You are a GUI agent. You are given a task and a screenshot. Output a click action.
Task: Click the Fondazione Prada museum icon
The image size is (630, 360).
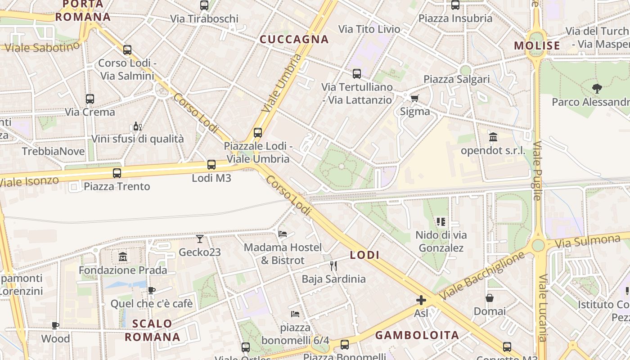pos(123,257)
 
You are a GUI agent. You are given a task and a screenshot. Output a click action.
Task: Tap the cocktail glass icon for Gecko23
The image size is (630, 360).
pos(200,238)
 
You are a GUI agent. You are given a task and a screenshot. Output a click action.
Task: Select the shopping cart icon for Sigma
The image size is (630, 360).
pos(414,98)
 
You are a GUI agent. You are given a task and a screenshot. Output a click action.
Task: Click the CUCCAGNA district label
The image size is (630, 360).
pos(294,40)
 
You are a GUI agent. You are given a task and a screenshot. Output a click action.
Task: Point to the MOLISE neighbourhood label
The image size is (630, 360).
pos(537,45)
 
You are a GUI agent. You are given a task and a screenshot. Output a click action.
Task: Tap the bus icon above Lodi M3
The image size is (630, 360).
pos(211,165)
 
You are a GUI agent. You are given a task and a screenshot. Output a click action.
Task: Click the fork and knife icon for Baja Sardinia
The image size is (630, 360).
pos(333,266)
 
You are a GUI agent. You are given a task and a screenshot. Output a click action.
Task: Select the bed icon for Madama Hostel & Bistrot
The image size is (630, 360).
pos(283,234)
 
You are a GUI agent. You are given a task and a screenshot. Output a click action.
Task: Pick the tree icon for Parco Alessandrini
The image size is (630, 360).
pos(597,88)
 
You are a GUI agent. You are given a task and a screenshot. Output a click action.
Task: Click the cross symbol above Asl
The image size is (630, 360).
pos(421,300)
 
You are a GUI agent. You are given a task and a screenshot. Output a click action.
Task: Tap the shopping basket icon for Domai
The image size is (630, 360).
pos(490,298)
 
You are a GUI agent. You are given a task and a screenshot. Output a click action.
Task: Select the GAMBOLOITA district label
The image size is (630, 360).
pos(417,335)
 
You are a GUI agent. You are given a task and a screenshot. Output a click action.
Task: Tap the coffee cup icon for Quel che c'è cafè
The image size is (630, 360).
pos(152,290)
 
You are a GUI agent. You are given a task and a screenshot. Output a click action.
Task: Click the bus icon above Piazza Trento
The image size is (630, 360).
pos(117,173)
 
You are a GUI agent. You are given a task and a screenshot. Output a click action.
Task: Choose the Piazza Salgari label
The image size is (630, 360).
pos(456,79)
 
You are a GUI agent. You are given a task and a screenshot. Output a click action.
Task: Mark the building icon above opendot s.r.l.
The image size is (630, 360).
pos(493,137)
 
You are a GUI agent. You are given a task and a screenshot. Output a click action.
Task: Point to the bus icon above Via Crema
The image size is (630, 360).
pos(90,99)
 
